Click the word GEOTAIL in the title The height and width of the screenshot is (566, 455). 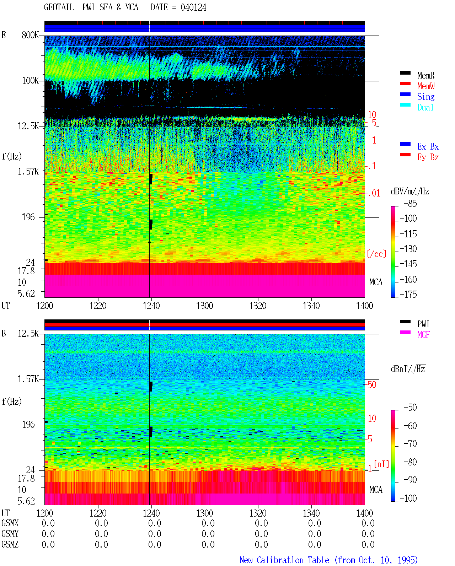59,7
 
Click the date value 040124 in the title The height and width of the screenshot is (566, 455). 193,7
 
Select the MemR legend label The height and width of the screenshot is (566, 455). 425,75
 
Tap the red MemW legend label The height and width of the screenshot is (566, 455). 425,86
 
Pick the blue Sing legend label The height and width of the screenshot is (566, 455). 425,97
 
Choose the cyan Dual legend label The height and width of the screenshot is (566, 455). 425,107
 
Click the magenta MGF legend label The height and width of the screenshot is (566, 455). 423,335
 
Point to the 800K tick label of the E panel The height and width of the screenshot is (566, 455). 30,35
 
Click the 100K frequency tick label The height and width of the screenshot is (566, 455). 30,81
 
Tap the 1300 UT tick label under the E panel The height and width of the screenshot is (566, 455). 204,306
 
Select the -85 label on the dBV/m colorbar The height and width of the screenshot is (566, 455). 410,203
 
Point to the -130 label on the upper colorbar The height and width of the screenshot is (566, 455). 408,249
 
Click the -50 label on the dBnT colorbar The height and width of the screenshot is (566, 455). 410,408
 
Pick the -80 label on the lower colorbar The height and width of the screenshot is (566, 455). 410,462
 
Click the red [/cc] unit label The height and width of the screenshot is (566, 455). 376,254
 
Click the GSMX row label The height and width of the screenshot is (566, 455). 10,523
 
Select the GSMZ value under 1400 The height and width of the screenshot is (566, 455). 368,544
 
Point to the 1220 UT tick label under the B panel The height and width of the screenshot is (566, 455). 98,513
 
